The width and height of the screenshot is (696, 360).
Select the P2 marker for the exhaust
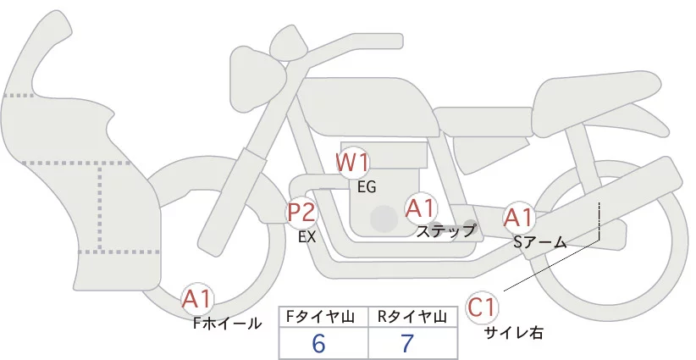click(301, 212)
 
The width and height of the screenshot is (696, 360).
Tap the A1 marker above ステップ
click(421, 208)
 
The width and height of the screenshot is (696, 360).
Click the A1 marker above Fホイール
click(197, 299)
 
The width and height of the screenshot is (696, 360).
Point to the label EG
click(367, 186)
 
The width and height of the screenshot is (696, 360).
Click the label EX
click(307, 237)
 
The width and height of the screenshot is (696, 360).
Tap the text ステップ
click(446, 230)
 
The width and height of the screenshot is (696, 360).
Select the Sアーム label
click(539, 241)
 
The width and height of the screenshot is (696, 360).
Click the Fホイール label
click(227, 323)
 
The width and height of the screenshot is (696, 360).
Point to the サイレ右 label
click(513, 333)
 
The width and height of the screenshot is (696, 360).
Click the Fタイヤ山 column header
click(323, 317)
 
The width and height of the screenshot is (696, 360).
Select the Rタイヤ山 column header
click(412, 317)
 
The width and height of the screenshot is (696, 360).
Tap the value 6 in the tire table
click(318, 344)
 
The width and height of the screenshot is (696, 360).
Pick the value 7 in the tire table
click(408, 344)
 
